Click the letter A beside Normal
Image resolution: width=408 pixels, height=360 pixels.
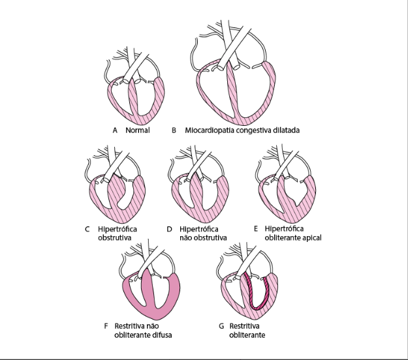(x=115, y=130)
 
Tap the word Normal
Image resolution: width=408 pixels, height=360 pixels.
(x=138, y=130)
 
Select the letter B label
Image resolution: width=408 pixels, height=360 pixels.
(x=174, y=130)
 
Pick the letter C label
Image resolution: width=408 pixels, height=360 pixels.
(x=87, y=229)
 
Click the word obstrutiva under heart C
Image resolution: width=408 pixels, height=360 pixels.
(x=114, y=237)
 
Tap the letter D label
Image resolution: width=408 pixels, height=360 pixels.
(x=169, y=229)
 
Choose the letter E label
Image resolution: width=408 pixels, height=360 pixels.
(x=256, y=229)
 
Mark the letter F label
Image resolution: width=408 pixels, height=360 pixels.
(x=106, y=326)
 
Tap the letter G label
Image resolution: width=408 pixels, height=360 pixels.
(x=221, y=326)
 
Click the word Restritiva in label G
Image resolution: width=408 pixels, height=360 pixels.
(x=244, y=326)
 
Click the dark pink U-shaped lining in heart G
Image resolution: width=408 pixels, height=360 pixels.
(x=257, y=307)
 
